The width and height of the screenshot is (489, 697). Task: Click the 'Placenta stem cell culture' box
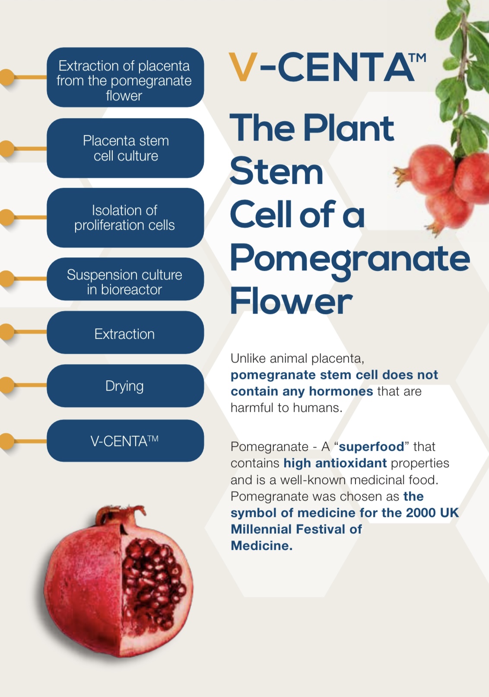click(125, 148)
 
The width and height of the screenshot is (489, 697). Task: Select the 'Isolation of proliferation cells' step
click(125, 218)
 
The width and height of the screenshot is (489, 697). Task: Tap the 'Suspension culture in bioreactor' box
click(125, 279)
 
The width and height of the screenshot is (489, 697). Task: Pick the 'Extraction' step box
click(125, 332)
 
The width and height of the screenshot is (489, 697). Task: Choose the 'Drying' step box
click(125, 386)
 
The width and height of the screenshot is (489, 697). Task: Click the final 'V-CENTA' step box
click(125, 440)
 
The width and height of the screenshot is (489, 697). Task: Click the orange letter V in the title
click(243, 67)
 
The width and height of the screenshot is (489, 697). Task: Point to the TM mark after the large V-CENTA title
click(417, 58)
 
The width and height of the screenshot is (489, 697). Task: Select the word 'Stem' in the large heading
click(276, 171)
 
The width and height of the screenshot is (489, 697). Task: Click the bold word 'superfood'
click(372, 447)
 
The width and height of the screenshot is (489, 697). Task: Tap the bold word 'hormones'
click(341, 392)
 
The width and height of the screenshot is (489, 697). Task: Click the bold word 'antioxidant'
click(351, 463)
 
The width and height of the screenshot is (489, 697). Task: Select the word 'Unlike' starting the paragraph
click(248, 359)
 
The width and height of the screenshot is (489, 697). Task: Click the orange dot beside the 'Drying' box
click(6, 385)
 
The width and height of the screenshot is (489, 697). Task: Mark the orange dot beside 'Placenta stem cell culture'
click(6, 148)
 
